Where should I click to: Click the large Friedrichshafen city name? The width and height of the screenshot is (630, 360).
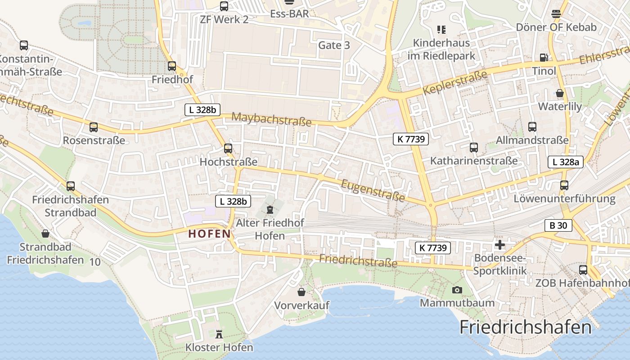[525, 327]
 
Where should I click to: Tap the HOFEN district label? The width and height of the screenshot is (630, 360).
[209, 234]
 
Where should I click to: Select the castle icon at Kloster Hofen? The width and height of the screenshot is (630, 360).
[219, 334]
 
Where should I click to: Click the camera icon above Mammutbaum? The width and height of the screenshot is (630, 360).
[457, 290]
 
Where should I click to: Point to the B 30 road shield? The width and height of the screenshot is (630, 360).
[558, 225]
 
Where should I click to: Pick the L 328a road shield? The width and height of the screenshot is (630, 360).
[566, 162]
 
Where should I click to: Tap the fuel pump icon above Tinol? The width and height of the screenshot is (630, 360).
[544, 57]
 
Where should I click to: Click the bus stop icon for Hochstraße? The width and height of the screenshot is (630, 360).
[228, 148]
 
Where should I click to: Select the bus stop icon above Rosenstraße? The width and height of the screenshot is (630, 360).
[94, 127]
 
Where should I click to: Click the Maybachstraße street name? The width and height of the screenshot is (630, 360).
[271, 119]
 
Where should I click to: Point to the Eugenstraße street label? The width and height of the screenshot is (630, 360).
[373, 190]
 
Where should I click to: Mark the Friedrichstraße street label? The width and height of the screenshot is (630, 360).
[358, 261]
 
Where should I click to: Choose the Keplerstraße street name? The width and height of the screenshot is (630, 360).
[455, 82]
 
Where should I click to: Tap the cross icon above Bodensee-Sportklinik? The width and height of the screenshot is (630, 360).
[499, 245]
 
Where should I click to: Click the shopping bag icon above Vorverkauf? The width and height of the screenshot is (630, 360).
[301, 292]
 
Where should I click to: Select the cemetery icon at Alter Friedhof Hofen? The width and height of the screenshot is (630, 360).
[270, 209]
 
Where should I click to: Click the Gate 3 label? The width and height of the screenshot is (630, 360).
[334, 45]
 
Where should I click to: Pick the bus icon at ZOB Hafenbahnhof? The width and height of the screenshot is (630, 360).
[583, 270]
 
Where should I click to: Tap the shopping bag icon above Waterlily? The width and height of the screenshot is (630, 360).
[560, 93]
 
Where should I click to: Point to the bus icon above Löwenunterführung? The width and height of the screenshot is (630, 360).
[564, 185]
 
